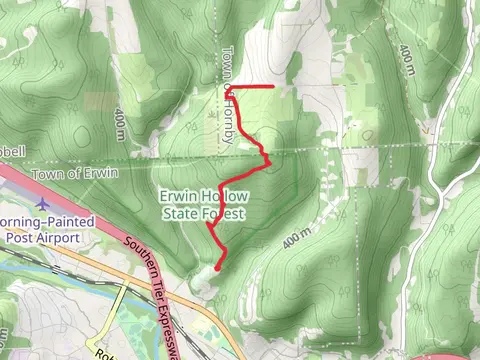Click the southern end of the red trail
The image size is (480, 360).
218,267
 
